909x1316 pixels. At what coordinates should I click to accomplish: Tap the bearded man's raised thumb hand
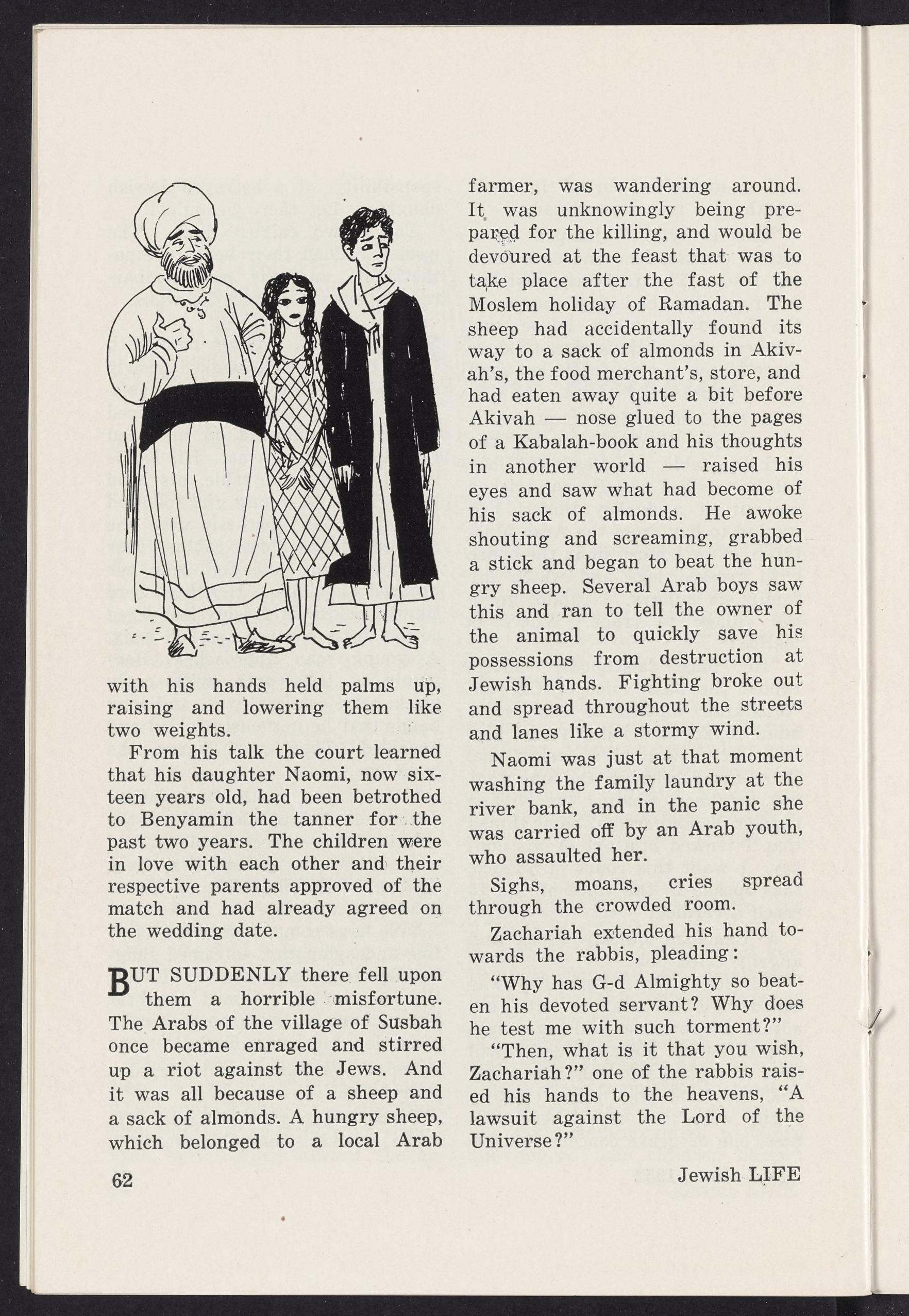[x=174, y=336]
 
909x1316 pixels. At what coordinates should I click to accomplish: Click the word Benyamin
[x=182, y=819]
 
